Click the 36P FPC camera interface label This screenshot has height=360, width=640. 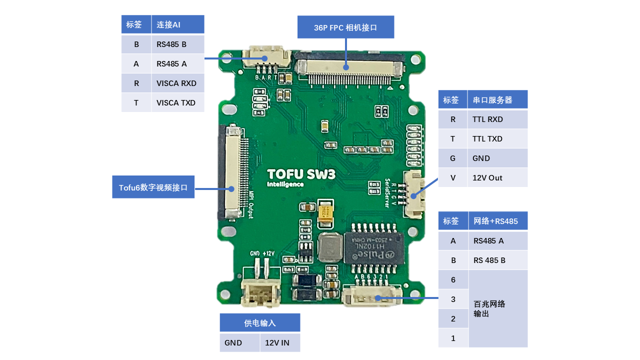pyautogui.click(x=345, y=27)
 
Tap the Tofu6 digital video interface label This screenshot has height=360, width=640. pyautogui.click(x=153, y=187)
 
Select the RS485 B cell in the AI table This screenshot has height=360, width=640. pyautogui.click(x=177, y=44)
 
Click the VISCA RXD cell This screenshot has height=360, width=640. pyautogui.click(x=177, y=83)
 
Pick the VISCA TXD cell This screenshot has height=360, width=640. pyautogui.click(x=177, y=103)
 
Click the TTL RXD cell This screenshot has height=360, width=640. pyautogui.click(x=497, y=119)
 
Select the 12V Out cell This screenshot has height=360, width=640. pyautogui.click(x=497, y=178)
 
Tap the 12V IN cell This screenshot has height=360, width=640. pyautogui.click(x=279, y=343)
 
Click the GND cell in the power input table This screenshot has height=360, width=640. pyautogui.click(x=239, y=343)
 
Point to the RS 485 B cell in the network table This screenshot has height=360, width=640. pyautogui.click(x=497, y=260)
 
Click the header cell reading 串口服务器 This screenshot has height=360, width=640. pyautogui.click(x=497, y=100)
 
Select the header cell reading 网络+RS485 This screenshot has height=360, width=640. pyautogui.click(x=497, y=221)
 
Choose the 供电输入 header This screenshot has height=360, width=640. pyautogui.click(x=260, y=323)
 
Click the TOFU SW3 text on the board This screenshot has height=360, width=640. pyautogui.click(x=300, y=174)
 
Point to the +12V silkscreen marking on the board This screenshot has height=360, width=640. pyautogui.click(x=268, y=253)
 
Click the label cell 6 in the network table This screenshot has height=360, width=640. pyautogui.click(x=453, y=280)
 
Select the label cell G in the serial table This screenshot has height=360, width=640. pyautogui.click(x=453, y=158)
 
